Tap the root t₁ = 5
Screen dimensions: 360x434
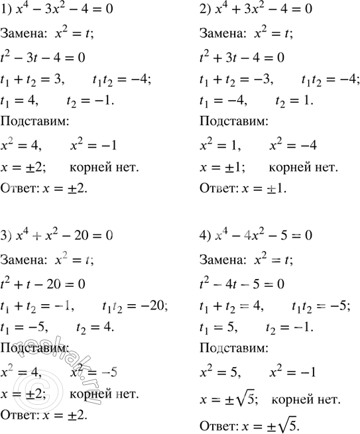coord(219,327)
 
